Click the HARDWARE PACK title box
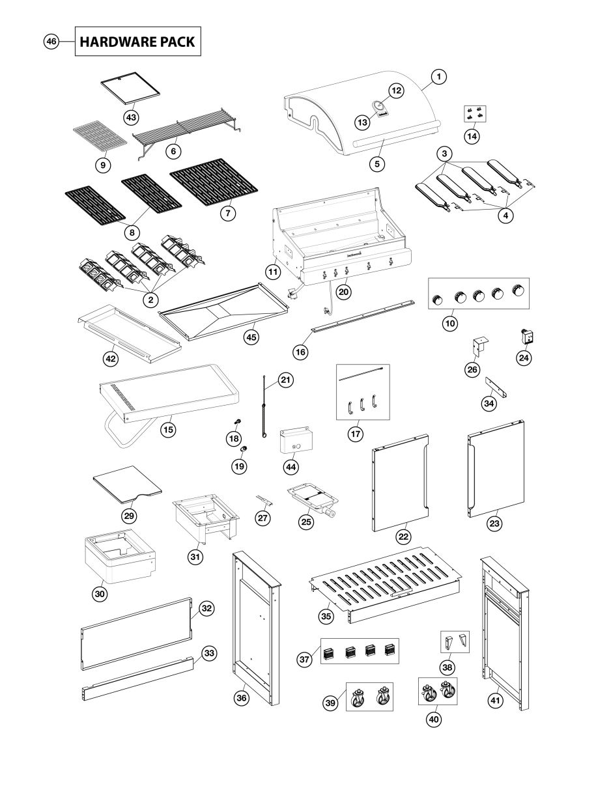pos(137,41)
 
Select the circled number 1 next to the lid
pos(439,77)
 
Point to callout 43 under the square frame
pos(132,117)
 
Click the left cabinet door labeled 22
pos(399,481)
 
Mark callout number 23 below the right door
pos(497,522)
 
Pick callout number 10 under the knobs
pos(449,322)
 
